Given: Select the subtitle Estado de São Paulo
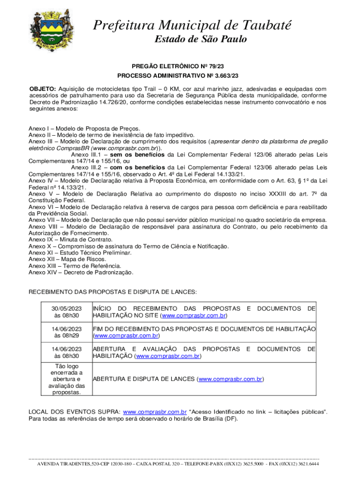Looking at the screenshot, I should [201, 39].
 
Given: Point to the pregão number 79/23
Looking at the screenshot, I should [208, 67].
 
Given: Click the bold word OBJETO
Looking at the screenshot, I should [43, 89].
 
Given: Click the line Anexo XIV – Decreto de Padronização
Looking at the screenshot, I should [81, 272].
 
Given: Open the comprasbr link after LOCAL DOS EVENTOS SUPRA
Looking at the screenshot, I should [155, 412].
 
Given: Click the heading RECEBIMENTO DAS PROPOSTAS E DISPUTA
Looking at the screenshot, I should [113, 292].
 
